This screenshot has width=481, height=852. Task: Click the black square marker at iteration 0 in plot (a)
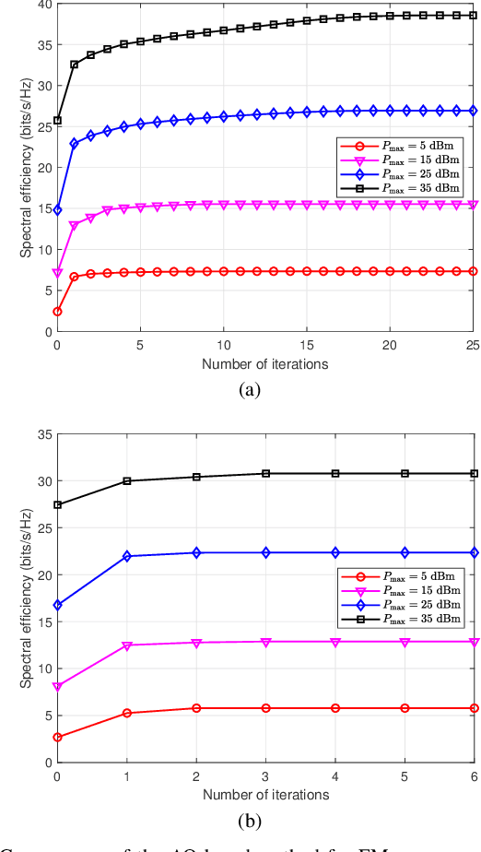click(57, 120)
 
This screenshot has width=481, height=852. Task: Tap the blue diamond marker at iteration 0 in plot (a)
click(57, 210)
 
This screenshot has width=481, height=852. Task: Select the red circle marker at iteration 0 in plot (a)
click(57, 312)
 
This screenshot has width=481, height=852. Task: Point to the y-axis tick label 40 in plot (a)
click(42, 5)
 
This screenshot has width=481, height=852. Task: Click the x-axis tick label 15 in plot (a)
click(307, 347)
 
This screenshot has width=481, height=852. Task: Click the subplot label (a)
click(249, 391)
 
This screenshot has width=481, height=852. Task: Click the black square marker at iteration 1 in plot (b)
click(127, 480)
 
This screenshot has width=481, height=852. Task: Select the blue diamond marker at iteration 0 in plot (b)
click(57, 605)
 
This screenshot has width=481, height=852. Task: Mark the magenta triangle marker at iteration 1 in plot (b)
click(127, 645)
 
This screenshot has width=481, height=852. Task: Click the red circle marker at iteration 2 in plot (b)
click(196, 708)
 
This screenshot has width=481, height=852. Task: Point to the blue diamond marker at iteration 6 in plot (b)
click(474, 552)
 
